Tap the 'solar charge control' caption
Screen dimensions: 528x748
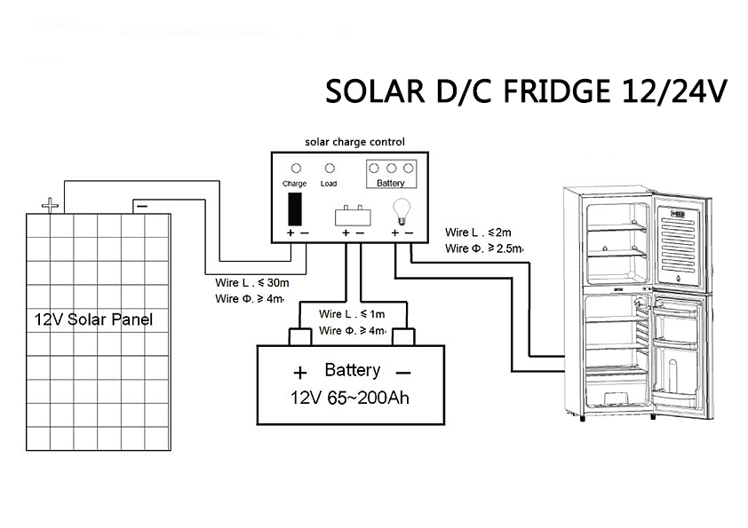click(354, 141)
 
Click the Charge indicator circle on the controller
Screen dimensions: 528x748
click(296, 168)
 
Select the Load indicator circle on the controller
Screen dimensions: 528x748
click(330, 168)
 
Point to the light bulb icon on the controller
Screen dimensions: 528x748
click(399, 210)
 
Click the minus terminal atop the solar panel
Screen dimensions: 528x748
click(142, 207)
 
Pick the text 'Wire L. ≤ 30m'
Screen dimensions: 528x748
click(249, 283)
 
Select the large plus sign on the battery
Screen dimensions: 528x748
click(300, 372)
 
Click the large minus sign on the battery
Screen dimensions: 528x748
click(403, 372)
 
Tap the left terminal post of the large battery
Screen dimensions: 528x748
click(299, 336)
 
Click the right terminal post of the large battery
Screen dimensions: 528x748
click(405, 336)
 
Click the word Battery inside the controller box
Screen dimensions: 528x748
click(391, 184)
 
